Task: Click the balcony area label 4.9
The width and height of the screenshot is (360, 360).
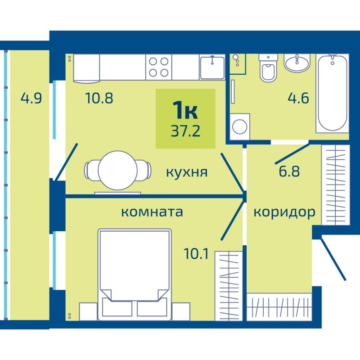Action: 31,98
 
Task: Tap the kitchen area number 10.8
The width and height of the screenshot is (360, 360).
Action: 99,98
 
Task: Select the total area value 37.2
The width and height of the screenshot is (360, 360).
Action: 185,131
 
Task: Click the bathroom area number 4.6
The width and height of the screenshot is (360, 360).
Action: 298,98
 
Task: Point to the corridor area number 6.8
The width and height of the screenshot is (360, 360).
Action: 289,171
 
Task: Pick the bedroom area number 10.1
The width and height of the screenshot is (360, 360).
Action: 196,254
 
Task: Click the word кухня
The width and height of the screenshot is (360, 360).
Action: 187,172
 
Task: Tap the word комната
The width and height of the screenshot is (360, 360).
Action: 152,212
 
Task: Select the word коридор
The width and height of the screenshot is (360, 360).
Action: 284,212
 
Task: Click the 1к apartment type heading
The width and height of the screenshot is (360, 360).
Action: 185,111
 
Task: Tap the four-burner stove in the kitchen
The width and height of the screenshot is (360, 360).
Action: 159,67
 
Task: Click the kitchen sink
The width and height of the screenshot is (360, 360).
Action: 212,67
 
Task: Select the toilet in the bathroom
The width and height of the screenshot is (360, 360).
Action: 268,68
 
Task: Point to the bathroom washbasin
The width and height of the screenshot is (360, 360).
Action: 297,63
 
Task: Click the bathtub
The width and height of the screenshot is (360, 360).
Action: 333,93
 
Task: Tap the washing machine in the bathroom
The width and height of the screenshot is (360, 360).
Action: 240,126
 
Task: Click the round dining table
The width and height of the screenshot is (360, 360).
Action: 118,171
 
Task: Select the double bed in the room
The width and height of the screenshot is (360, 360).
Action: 135,274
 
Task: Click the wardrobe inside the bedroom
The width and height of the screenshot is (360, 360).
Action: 229,286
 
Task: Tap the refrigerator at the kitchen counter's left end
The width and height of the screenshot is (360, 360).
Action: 86,68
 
